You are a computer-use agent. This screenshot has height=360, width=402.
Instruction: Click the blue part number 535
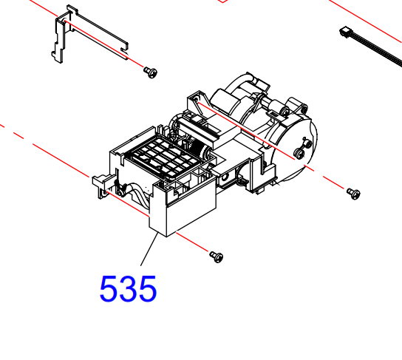pos(129,289)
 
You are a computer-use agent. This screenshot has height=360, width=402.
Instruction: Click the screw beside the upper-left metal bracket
pos(151,72)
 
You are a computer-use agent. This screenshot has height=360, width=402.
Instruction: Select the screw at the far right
pos(353,194)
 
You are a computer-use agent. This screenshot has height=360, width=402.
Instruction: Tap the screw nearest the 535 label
pos(216,256)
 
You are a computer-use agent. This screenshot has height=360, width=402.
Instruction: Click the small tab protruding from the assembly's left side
pos(98,182)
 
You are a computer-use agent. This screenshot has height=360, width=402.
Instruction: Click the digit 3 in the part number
pos(129,289)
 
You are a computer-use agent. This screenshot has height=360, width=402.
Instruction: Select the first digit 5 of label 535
pos(109,289)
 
